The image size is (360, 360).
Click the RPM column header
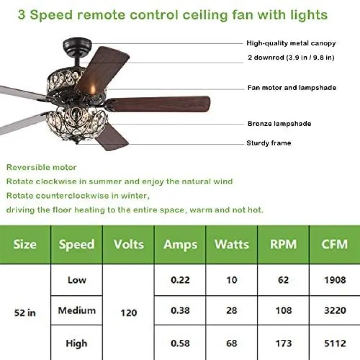click(x=283, y=244)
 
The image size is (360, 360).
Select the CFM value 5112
click(x=335, y=343)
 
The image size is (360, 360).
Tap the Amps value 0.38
click(x=180, y=311)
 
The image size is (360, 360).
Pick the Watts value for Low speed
click(x=232, y=280)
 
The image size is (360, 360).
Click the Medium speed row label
click(x=77, y=311)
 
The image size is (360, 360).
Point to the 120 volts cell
click(x=129, y=312)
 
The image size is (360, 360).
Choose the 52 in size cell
click(x=25, y=312)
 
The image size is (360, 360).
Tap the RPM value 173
click(x=284, y=343)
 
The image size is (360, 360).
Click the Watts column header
click(x=232, y=244)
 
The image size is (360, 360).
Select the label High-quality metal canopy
click(x=291, y=43)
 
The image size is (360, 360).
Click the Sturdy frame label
click(x=269, y=143)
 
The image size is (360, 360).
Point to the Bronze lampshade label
click(x=279, y=124)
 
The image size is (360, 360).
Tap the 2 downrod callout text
click(x=291, y=58)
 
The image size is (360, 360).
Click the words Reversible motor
click(x=41, y=167)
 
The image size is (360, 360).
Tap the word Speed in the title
click(x=51, y=15)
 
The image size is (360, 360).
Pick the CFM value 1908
click(x=335, y=280)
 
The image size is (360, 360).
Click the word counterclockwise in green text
click(x=72, y=196)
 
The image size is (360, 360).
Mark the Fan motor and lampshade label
click(x=291, y=88)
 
